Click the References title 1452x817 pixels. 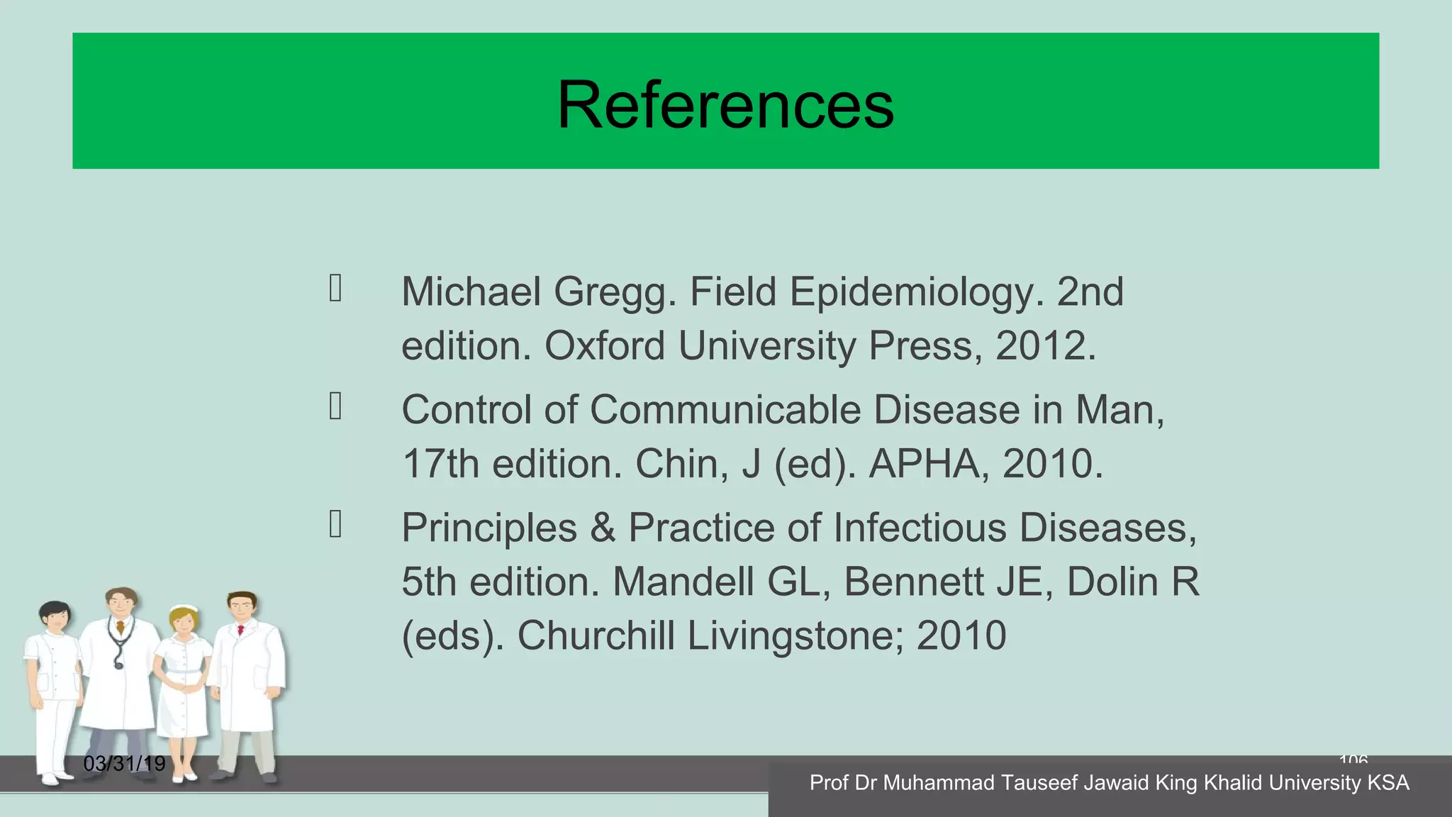(x=725, y=105)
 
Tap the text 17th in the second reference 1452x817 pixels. (x=440, y=464)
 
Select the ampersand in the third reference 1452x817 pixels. (x=603, y=528)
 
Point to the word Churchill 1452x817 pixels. (x=596, y=635)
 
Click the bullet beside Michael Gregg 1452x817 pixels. (x=336, y=289)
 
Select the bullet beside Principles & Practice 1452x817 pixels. (x=336, y=524)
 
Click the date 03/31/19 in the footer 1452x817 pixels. (x=124, y=764)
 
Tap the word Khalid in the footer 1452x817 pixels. (x=1233, y=783)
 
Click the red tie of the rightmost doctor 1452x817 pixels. (x=241, y=630)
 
